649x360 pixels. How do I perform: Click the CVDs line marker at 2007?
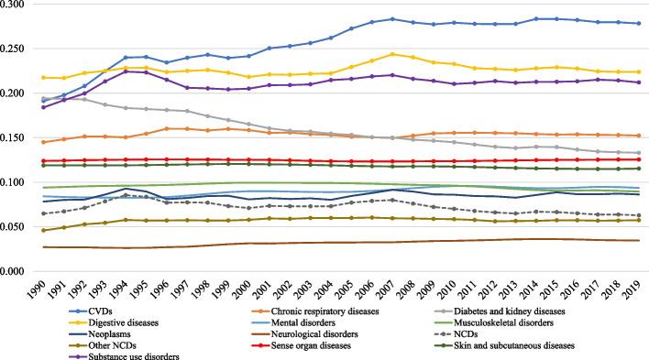[392, 19]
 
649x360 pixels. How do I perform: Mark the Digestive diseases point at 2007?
[392, 54]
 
